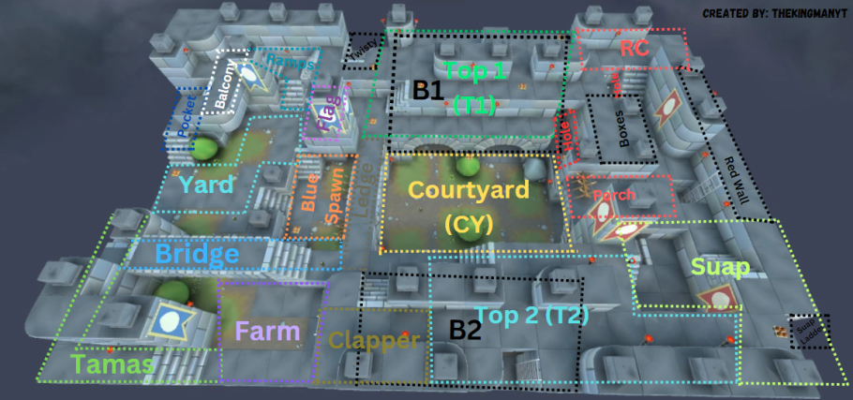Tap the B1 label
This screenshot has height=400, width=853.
pos(428,91)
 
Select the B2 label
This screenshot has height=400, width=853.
pos(465,329)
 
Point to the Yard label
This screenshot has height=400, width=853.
pos(206,185)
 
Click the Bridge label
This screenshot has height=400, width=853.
pos(197,254)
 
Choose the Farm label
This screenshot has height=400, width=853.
pos(268,331)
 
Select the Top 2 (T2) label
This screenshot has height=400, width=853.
pos(531,317)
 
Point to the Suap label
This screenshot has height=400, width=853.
pos(720,268)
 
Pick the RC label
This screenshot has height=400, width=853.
pos(635,50)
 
